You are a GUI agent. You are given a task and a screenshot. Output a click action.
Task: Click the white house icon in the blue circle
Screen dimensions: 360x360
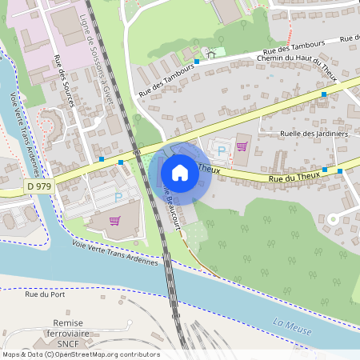180,172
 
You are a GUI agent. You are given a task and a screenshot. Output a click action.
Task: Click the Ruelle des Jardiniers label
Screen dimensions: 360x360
314,134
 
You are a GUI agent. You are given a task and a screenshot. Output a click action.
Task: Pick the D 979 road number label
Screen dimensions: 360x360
37,186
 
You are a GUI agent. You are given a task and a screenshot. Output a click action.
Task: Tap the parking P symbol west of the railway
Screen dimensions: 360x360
118,196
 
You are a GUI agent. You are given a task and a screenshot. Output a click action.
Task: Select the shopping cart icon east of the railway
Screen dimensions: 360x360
242,146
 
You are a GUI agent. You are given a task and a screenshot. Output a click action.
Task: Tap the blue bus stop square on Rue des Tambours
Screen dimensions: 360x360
196,61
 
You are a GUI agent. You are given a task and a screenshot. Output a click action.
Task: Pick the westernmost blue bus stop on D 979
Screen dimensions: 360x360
102,159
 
